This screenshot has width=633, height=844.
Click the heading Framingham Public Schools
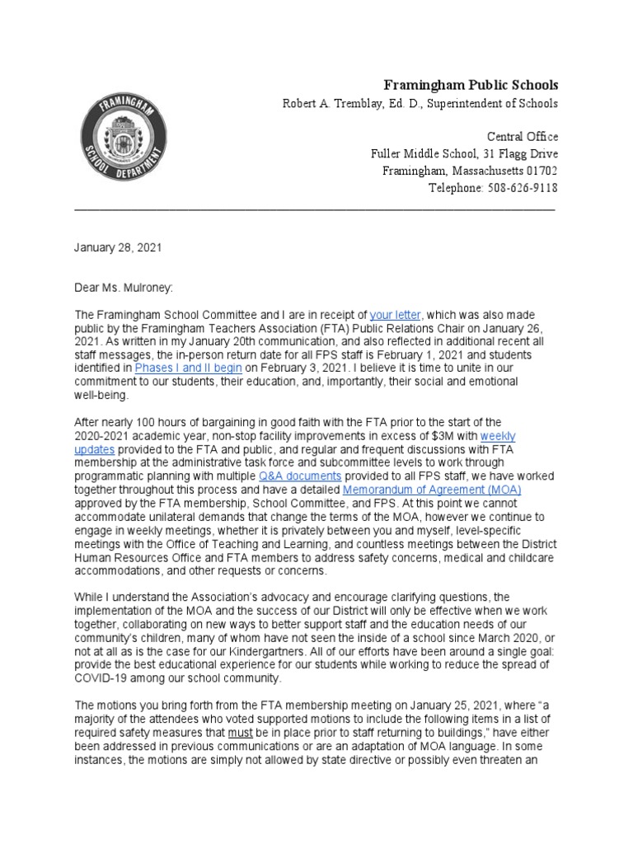473,85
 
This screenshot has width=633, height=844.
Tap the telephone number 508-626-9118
516,188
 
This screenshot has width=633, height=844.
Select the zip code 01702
537,171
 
